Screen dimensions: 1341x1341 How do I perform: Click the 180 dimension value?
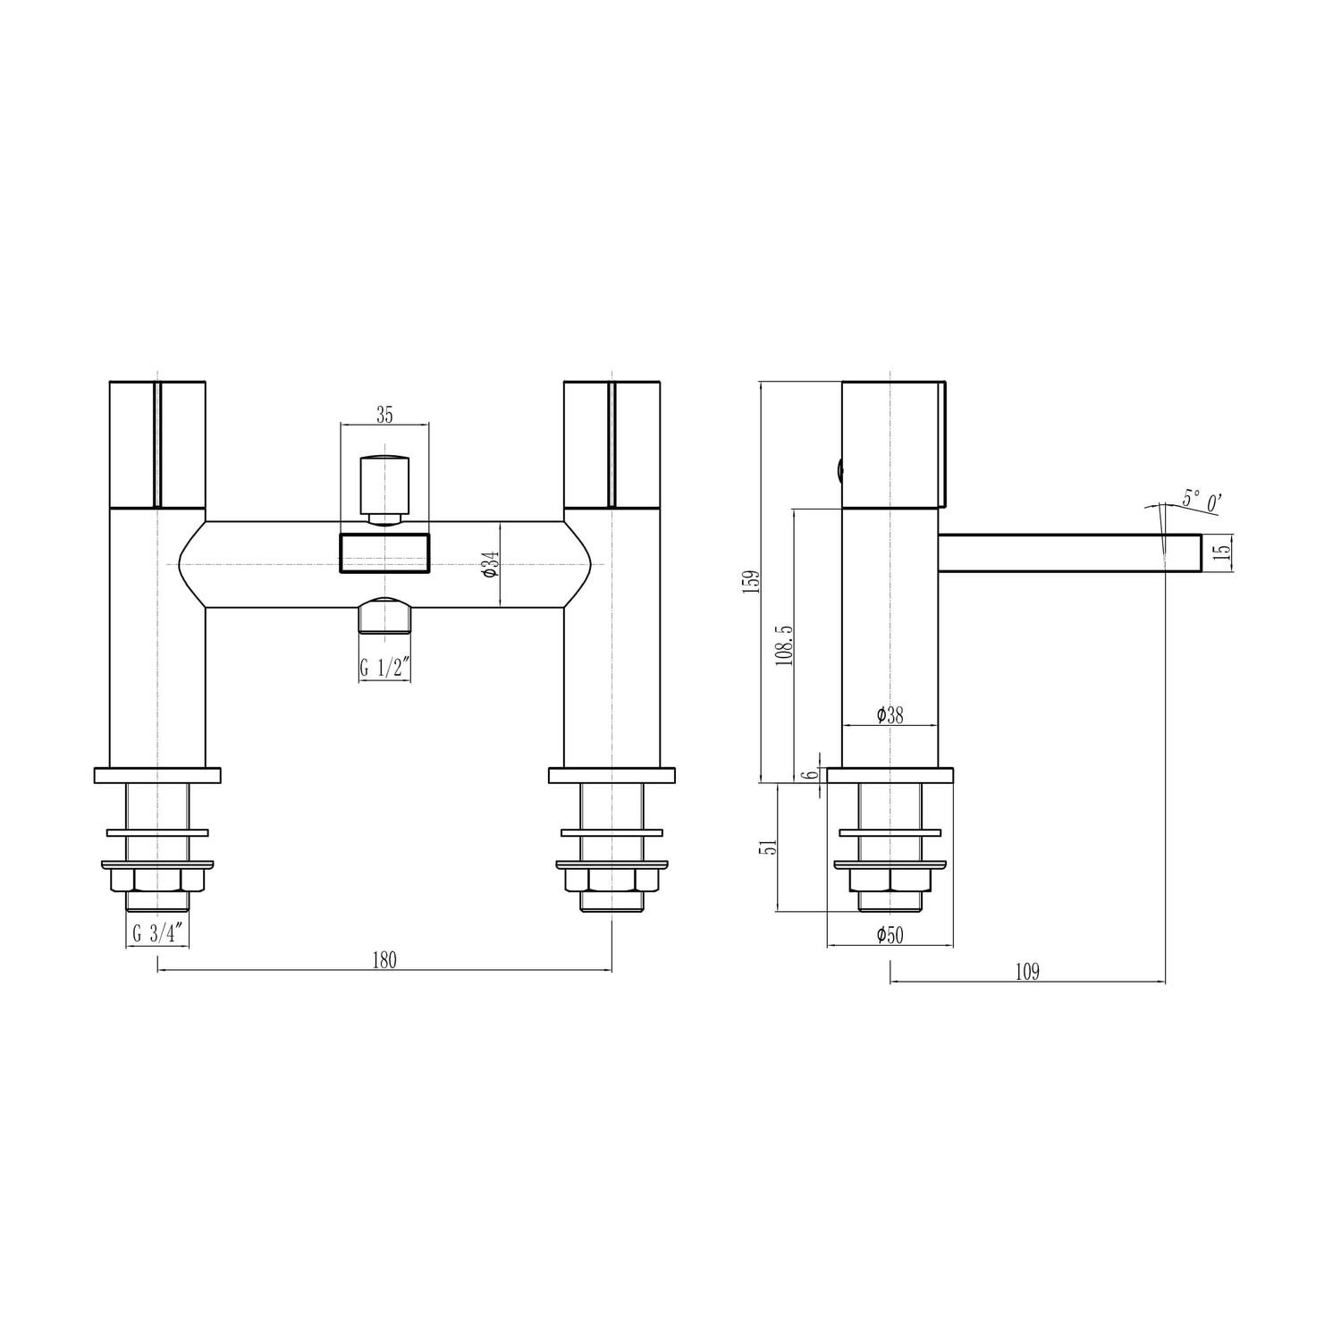click(384, 960)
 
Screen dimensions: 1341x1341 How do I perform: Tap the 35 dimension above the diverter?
click(384, 414)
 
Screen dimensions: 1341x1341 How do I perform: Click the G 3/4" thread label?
click(158, 933)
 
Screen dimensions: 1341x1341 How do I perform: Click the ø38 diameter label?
click(890, 715)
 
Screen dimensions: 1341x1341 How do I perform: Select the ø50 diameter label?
click(890, 935)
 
